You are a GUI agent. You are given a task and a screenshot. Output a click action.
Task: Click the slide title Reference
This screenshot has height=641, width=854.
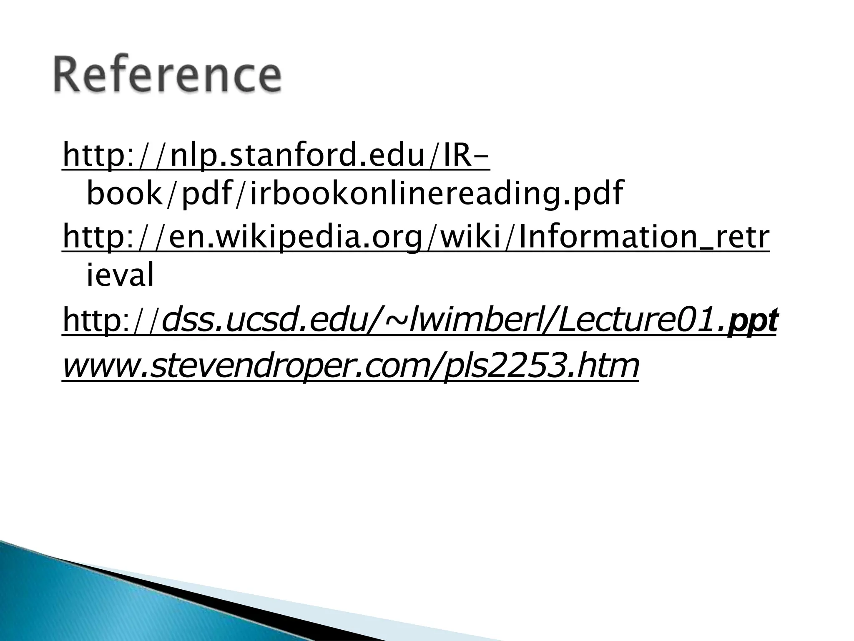coord(167,76)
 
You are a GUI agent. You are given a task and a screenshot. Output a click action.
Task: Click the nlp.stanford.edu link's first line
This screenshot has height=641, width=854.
coord(276,155)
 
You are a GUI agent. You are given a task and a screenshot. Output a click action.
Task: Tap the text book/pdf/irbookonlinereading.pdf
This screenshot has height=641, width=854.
coord(354,194)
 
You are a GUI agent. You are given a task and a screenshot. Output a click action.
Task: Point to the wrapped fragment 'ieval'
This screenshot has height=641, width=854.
coord(120,275)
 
